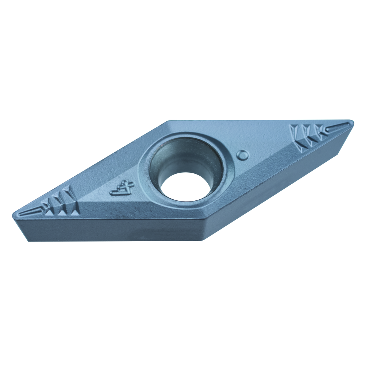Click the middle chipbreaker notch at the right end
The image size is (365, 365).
(309, 137)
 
